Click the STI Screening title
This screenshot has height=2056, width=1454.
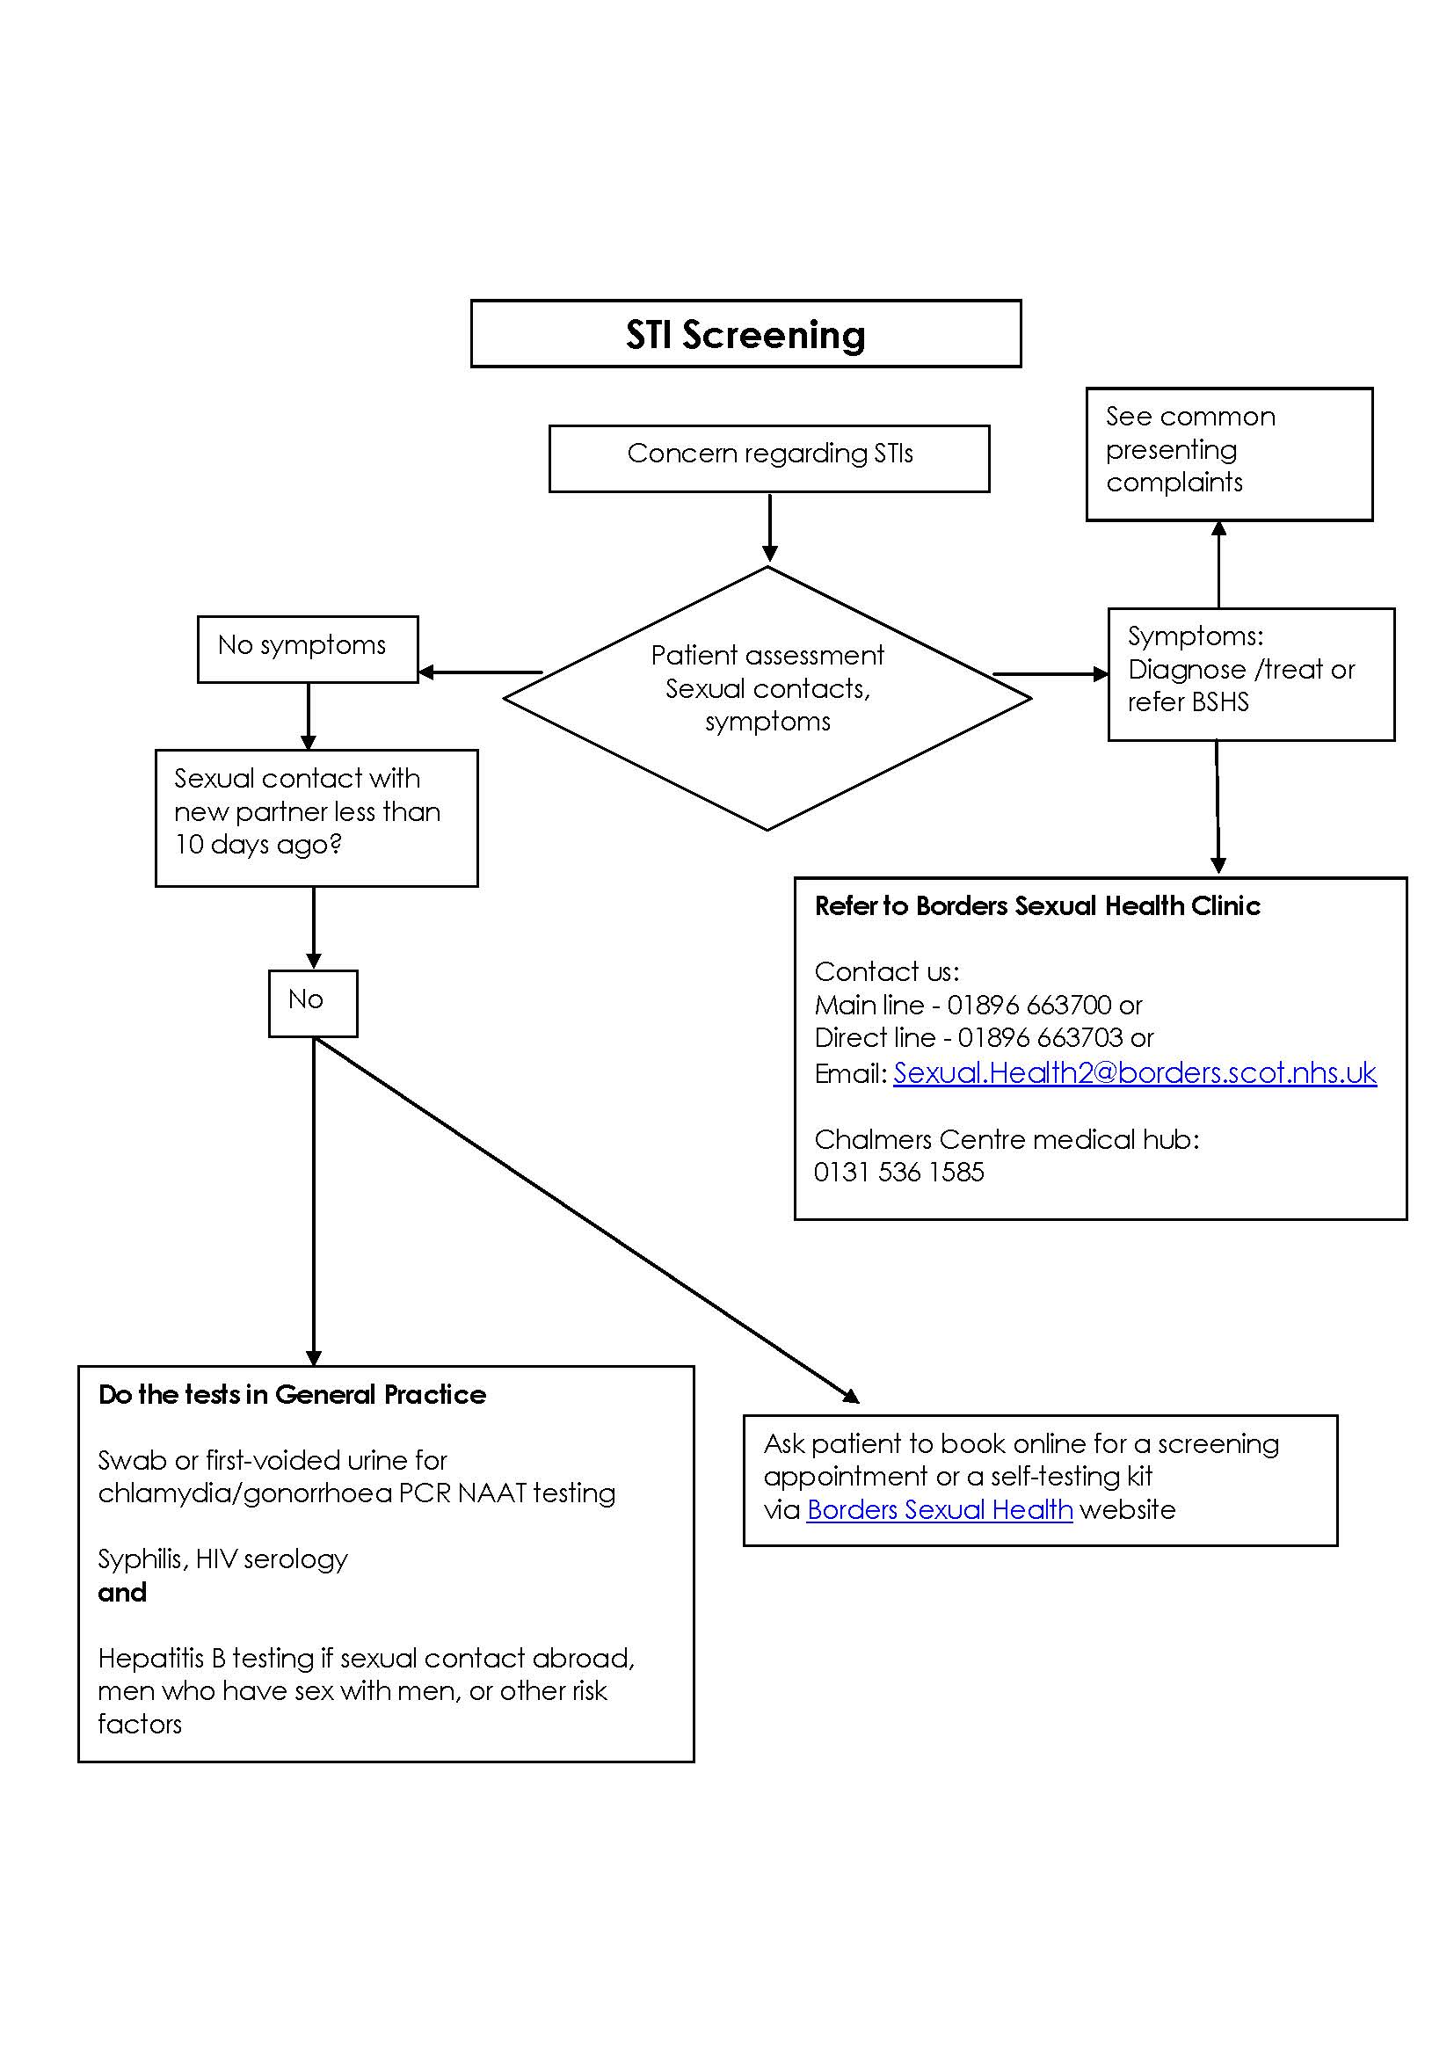(745, 335)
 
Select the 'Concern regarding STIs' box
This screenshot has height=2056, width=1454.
(769, 458)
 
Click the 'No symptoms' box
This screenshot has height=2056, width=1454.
(307, 649)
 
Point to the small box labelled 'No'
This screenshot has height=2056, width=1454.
(312, 1002)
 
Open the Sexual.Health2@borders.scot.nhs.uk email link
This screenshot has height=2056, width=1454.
(1133, 1072)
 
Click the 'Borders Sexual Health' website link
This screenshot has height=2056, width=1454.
(939, 1509)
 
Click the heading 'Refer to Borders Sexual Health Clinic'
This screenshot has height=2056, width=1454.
(1036, 906)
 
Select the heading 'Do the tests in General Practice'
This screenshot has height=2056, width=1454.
(292, 1394)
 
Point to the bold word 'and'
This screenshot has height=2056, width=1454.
(123, 1592)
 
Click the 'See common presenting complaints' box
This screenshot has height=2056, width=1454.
(1228, 453)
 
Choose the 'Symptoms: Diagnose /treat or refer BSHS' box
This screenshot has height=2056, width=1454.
(1250, 673)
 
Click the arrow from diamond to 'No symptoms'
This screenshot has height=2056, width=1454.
(481, 672)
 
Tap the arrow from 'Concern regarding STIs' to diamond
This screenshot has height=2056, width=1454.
(769, 527)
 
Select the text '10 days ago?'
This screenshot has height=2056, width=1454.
(258, 845)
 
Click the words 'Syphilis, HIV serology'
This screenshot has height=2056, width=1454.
(223, 1559)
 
